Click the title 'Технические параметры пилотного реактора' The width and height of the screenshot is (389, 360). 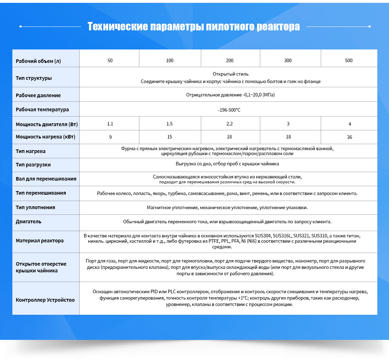click(193, 26)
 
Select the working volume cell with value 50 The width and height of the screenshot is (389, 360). click(110, 60)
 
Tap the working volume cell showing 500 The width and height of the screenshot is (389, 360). click(349, 60)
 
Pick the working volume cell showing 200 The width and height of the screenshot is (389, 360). click(230, 60)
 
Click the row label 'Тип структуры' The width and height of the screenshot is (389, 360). click(34, 78)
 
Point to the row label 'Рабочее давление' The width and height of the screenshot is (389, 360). click(38, 95)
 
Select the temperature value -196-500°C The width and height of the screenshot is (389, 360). click(229, 110)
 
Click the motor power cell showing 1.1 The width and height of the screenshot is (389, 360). click(110, 124)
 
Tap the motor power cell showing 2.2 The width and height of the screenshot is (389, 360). click(230, 124)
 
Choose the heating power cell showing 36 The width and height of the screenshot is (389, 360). click(349, 137)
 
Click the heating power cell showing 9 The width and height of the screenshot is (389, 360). click(110, 137)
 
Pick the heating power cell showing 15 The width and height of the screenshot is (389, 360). click(170, 137)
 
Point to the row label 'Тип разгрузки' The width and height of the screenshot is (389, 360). click(33, 165)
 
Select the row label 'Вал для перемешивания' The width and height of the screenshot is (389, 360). click(46, 179)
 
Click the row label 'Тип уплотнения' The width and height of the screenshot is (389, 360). click(35, 207)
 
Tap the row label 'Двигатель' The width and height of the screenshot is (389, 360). click(29, 222)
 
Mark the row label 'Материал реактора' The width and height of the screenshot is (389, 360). click(40, 241)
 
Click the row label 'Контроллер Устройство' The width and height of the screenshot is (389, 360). click(45, 300)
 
